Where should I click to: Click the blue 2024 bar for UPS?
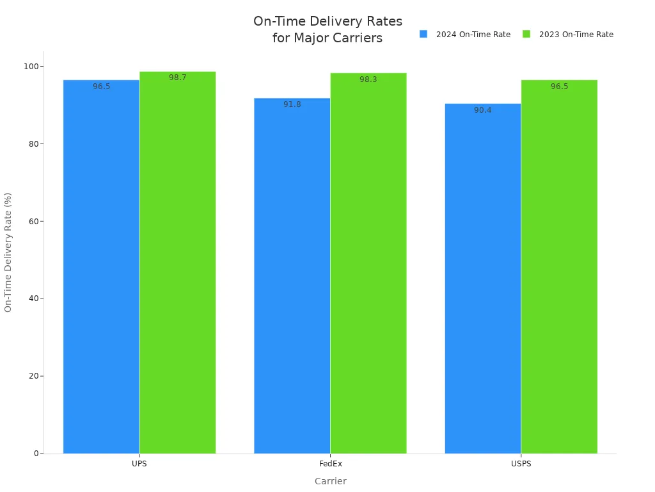[101, 269]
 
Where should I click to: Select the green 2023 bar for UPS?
[177, 263]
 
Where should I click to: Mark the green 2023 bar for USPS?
[559, 269]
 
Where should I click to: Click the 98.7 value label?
[177, 78]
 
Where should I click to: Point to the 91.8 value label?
[292, 104]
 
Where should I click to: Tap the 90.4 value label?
[482, 110]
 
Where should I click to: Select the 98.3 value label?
[368, 79]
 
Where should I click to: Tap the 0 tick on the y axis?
[36, 454]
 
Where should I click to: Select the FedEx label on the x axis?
[330, 464]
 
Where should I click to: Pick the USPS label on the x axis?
[521, 464]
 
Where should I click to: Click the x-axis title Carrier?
[330, 481]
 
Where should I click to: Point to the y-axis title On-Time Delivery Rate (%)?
[8, 252]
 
